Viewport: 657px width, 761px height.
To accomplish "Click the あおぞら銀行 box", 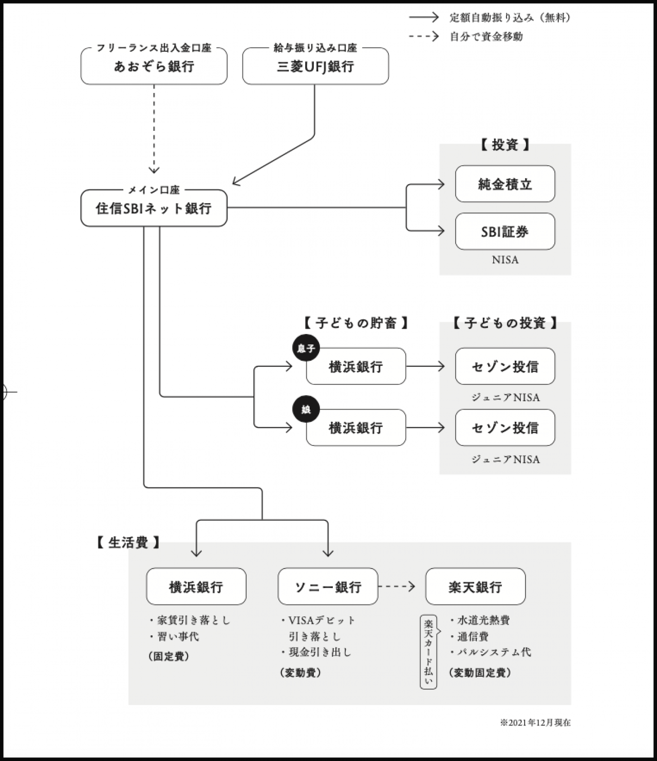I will tap(154, 66).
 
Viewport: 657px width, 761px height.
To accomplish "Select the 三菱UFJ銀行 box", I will tap(315, 66).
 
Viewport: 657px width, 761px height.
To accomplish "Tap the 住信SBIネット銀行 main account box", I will tap(154, 208).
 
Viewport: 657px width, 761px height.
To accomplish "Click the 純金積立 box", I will tap(504, 184).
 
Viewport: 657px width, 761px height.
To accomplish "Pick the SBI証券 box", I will tap(504, 231).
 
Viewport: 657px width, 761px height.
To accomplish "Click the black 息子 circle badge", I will tap(306, 348).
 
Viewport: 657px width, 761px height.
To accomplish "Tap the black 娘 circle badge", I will tap(306, 409).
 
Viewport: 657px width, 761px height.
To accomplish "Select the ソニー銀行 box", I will tap(327, 587).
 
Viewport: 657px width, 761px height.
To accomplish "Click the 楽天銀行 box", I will tap(475, 587).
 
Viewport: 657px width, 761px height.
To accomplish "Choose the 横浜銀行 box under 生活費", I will tap(196, 587).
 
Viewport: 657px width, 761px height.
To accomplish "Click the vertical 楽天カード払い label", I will tap(428, 652).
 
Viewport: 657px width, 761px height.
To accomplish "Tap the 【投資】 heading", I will tap(504, 145).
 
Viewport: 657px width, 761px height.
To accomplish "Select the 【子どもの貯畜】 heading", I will tap(355, 323).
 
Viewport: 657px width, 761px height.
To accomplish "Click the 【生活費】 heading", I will tap(128, 542).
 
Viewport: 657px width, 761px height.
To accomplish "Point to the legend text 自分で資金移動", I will tap(486, 36).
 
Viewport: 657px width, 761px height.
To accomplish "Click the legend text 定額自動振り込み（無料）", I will tap(510, 17).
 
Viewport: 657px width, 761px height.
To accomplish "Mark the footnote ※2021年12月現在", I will tap(535, 723).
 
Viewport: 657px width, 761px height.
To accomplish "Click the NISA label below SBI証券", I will tap(505, 260).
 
